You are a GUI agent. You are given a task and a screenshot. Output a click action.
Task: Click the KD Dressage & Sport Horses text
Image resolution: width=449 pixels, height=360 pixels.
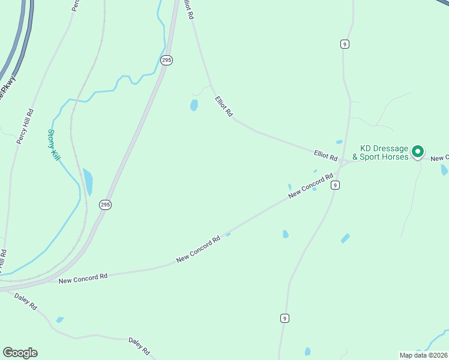pos(384,152)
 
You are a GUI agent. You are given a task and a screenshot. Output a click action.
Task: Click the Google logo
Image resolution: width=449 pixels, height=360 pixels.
pos(20,353)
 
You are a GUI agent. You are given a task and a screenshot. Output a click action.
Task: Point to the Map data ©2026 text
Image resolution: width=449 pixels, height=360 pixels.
pos(424,355)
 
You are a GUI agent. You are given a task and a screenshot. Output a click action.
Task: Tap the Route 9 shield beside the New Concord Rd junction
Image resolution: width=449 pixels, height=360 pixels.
pos(335,185)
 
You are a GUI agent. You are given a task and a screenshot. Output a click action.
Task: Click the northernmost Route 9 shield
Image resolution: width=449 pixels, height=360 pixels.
pos(344,44)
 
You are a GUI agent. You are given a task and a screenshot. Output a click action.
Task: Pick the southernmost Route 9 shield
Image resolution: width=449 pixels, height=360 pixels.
pos(284,318)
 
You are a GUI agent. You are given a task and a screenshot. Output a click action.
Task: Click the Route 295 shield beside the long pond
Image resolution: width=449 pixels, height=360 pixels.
pos(105,205)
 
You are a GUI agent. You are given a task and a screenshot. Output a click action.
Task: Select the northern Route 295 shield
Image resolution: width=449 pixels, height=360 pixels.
pos(166,60)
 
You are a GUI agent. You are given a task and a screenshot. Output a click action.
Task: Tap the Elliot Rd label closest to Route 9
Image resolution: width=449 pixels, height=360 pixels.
pos(326,155)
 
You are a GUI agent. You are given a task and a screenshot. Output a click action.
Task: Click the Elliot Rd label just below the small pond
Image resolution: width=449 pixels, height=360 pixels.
pos(224,107)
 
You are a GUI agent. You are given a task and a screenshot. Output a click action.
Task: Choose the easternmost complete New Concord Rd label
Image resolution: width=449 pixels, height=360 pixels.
pos(310,186)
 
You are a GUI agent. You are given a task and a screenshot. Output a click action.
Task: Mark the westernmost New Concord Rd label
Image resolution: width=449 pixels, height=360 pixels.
pos(83,278)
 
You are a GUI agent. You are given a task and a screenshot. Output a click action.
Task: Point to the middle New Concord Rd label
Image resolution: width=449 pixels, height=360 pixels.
pos(199,248)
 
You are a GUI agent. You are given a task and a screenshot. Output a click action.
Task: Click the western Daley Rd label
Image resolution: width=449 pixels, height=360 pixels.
pos(25,302)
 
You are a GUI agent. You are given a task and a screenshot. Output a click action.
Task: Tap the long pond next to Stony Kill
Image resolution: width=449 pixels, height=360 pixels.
pos(88,182)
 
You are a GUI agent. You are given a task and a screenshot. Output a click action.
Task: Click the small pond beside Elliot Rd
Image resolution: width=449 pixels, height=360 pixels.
pos(194,106)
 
